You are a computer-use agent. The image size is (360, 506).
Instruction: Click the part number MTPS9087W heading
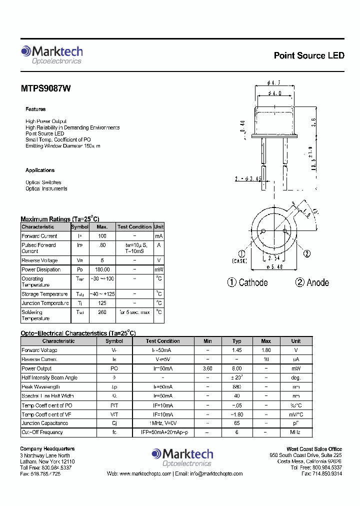(x=45, y=88)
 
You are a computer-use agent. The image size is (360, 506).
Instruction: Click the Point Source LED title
(x=309, y=55)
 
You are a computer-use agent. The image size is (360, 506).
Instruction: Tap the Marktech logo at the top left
(x=51, y=54)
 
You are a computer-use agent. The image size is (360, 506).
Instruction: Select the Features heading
(x=35, y=109)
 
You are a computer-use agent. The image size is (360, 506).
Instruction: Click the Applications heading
(x=40, y=170)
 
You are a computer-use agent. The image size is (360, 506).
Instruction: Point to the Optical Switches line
(x=43, y=182)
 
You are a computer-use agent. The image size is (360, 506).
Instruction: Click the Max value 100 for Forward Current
(x=102, y=236)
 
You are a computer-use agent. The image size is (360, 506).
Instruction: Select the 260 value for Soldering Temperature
(x=102, y=312)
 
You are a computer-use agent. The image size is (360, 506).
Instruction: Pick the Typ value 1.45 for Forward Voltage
(x=236, y=350)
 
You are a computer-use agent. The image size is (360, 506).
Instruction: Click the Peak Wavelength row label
(x=41, y=387)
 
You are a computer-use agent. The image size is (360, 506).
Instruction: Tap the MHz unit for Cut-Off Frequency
(x=296, y=432)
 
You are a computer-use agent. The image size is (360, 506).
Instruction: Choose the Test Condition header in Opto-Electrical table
(x=162, y=341)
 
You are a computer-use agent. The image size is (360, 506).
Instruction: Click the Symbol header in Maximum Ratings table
(x=79, y=227)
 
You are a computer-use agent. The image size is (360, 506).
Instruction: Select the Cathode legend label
(x=253, y=283)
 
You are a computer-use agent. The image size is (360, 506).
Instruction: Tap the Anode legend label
(x=317, y=283)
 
